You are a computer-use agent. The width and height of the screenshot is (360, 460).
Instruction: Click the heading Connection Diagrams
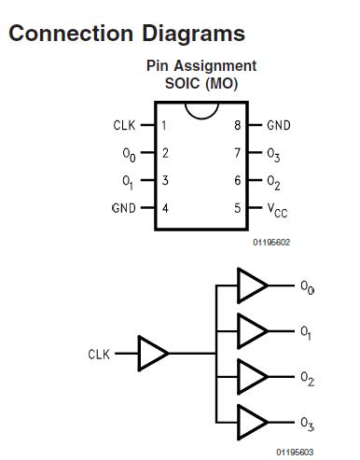point(126,34)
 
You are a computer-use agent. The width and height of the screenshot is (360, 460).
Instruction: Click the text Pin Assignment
point(201,66)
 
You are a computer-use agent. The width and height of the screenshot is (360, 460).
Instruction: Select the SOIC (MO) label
point(201,83)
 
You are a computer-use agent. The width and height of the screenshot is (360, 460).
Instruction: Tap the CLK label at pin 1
point(124,125)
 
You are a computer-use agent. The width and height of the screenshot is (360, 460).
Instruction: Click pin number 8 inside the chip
point(238,125)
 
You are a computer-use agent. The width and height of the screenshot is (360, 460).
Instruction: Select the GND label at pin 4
point(124,208)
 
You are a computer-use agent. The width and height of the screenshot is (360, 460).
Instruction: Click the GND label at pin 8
point(279,125)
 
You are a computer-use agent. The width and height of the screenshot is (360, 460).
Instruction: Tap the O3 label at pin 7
point(274,154)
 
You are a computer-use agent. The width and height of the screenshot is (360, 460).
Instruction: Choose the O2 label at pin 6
point(274,181)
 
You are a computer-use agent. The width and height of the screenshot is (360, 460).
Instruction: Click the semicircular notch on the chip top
point(201,111)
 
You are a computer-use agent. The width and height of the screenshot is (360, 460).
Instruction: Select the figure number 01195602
point(271,242)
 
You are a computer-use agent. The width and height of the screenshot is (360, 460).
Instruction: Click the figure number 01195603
point(295,451)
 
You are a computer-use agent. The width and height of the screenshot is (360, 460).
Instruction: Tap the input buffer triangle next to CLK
point(153,354)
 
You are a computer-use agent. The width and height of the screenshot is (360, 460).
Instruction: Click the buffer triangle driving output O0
point(252,286)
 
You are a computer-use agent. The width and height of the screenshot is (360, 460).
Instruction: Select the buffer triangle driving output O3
point(252,422)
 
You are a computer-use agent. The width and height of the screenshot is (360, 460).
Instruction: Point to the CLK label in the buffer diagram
point(99,355)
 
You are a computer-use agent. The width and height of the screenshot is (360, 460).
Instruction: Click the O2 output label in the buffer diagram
point(307,378)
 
